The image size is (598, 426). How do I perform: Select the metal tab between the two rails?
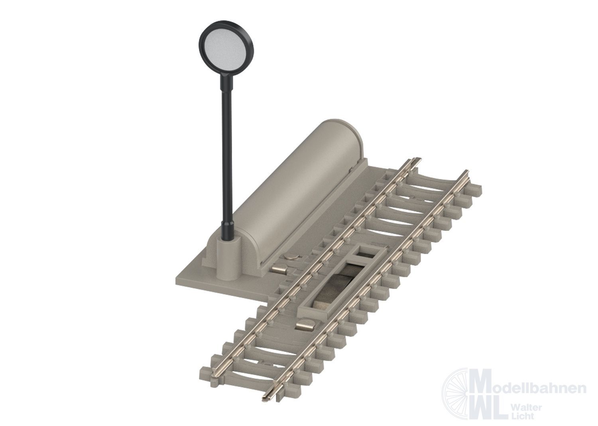coord(305,326)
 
